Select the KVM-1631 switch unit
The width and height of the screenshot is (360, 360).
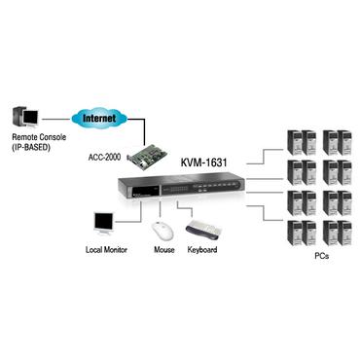186,187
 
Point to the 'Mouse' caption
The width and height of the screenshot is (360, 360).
164,251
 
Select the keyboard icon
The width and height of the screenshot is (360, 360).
203,231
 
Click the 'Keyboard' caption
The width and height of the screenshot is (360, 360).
202,251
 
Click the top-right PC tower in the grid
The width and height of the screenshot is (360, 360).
344,142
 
